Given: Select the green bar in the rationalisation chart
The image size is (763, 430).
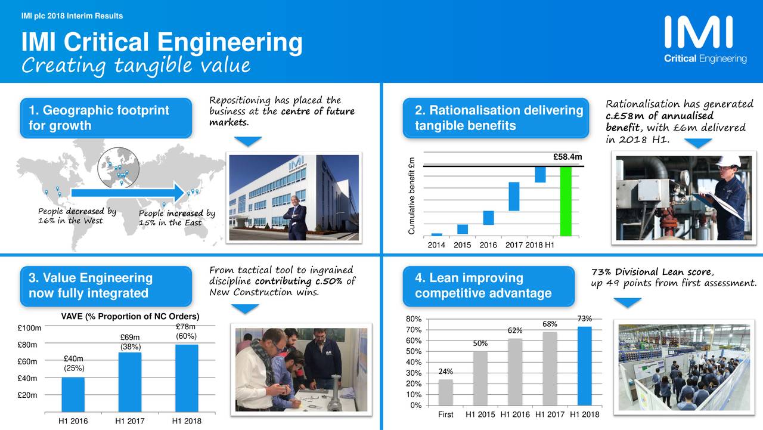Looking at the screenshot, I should [566, 200].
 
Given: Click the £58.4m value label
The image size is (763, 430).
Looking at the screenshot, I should [567, 157].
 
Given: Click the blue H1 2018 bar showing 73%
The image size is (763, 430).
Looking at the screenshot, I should [585, 366].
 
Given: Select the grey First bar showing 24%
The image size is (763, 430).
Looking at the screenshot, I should [445, 392].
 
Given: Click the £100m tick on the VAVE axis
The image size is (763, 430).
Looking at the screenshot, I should [29, 328].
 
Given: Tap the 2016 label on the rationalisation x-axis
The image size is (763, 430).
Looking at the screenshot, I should [488, 245].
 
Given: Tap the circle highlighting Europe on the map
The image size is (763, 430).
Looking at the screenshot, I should [119, 166].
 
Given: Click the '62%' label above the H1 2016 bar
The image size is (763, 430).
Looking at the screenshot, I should [515, 330].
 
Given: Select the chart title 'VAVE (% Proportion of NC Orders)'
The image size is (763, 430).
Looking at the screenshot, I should [130, 316].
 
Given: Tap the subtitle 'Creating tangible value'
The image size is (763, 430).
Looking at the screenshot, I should [135, 65].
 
